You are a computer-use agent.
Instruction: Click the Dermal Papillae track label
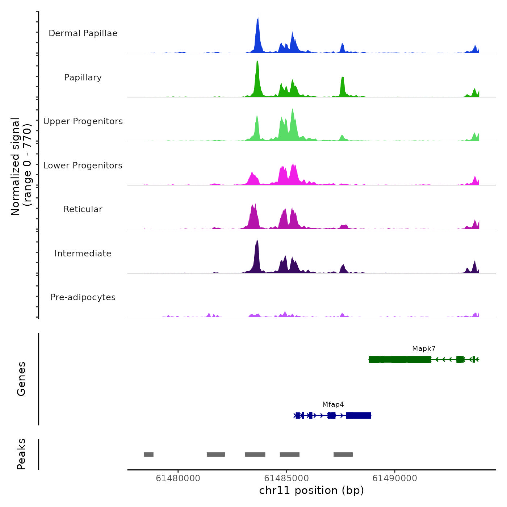[x=83, y=33]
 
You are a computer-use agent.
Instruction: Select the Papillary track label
[x=83, y=77]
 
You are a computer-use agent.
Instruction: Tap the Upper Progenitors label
[x=83, y=121]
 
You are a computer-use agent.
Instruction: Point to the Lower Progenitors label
[x=83, y=165]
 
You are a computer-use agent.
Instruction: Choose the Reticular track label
[x=83, y=209]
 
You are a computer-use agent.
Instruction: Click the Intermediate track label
[x=83, y=253]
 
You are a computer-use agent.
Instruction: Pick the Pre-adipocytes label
[x=83, y=297]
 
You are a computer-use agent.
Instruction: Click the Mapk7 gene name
[x=424, y=349]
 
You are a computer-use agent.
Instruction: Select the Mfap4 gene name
[x=333, y=405]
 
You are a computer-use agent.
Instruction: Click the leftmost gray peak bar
[x=149, y=454]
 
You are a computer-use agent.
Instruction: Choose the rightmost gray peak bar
[x=343, y=454]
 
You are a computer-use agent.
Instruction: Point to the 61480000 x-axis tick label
[x=178, y=478]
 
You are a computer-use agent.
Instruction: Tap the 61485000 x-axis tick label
[x=286, y=478]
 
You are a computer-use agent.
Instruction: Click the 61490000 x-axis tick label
[x=395, y=478]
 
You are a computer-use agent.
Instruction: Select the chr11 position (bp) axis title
[x=311, y=490]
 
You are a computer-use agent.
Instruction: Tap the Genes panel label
[x=21, y=379]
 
